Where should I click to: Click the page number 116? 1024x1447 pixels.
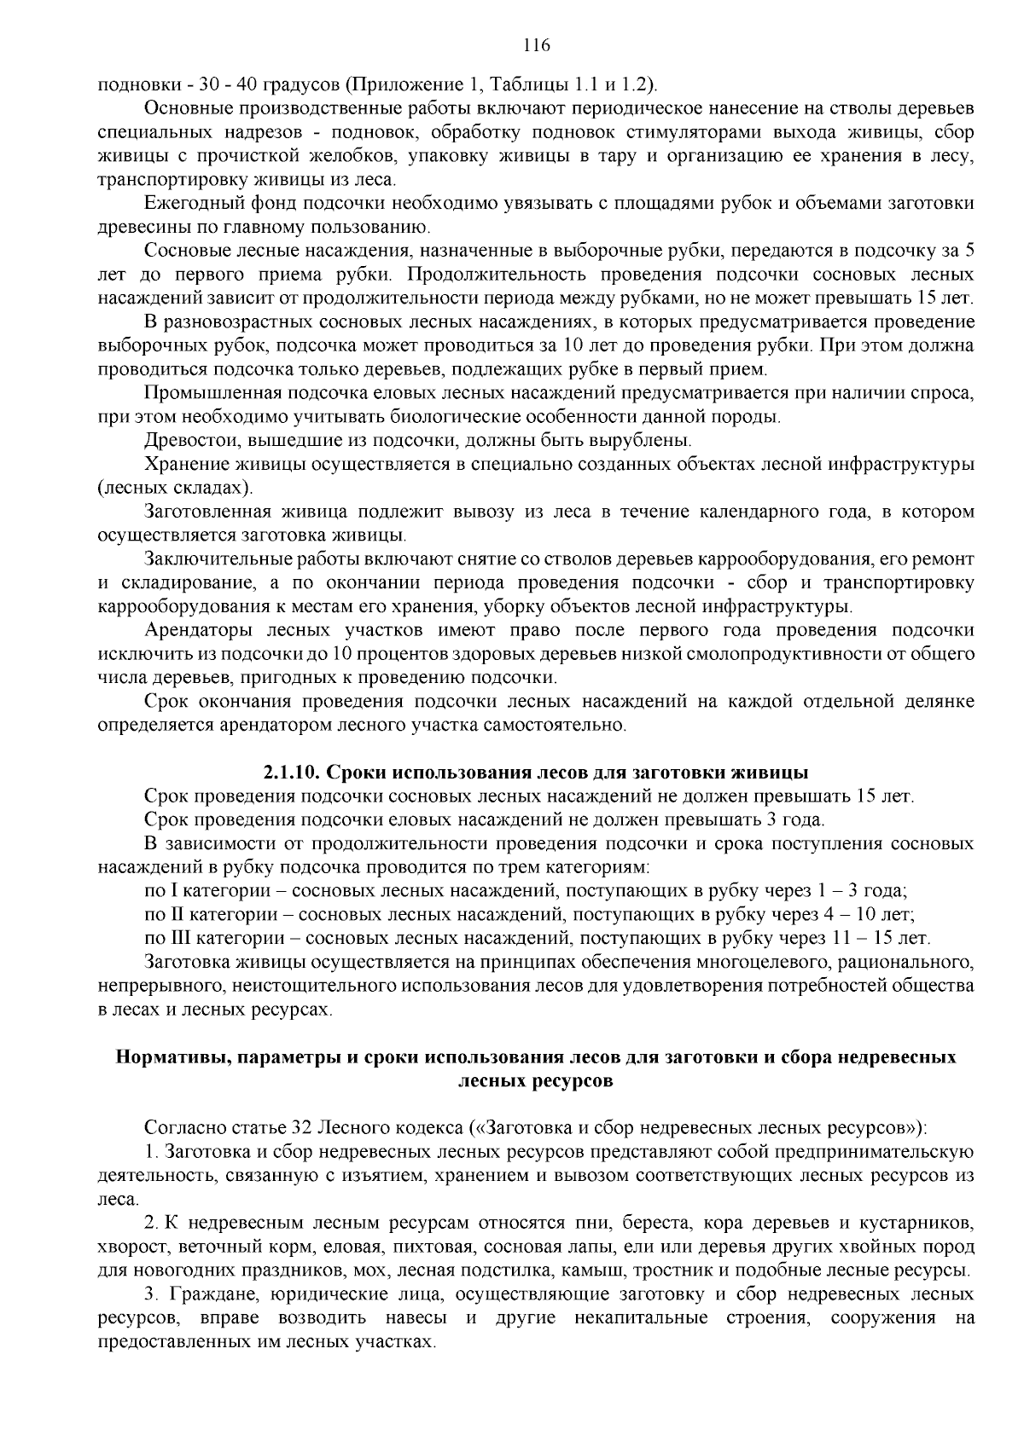point(511,45)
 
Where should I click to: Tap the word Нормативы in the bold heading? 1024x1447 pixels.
point(176,1057)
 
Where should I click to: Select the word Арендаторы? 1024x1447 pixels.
point(196,631)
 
